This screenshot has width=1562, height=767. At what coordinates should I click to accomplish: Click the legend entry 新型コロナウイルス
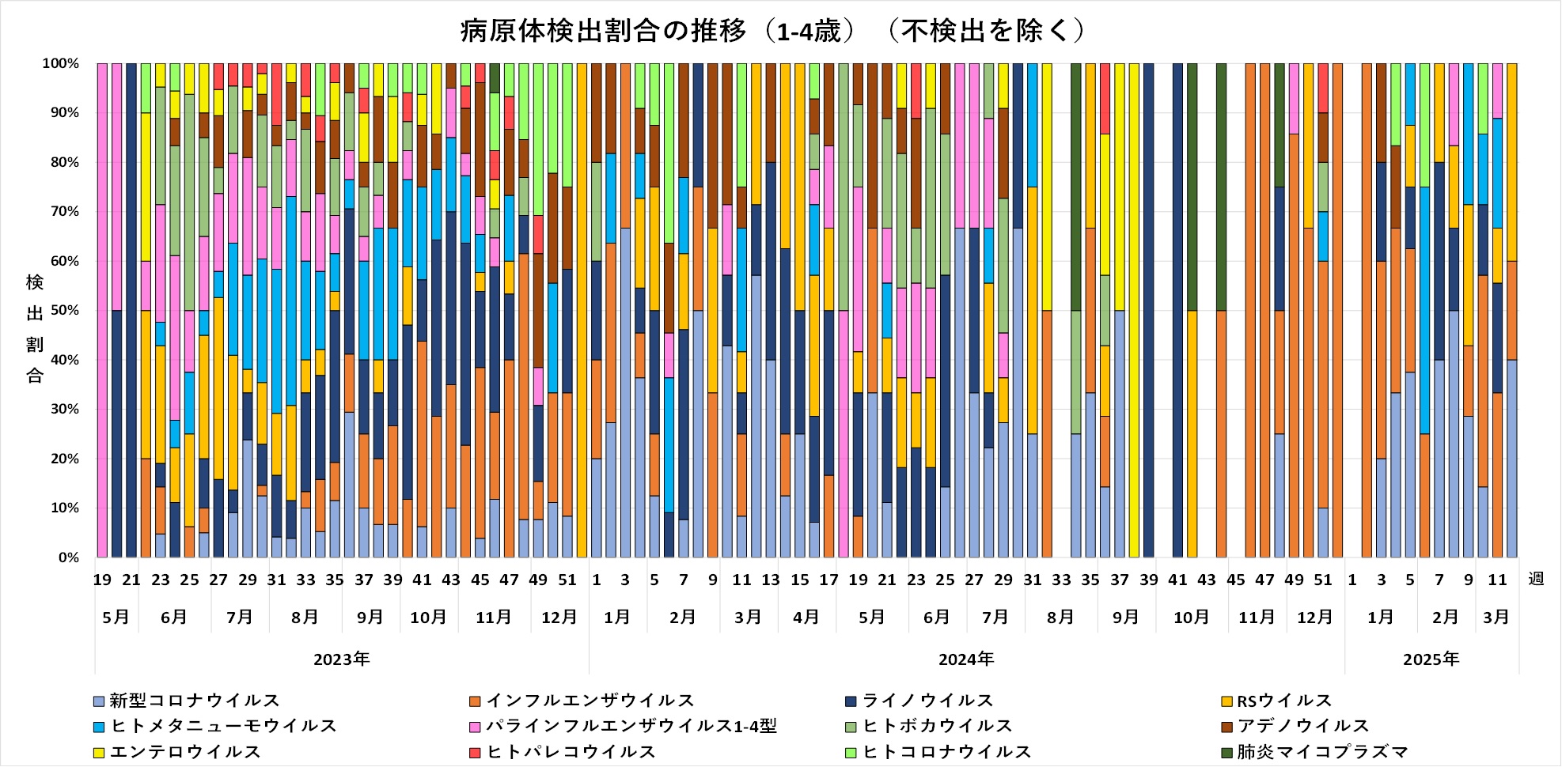click(x=194, y=701)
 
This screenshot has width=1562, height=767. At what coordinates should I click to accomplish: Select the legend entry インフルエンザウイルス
click(x=590, y=701)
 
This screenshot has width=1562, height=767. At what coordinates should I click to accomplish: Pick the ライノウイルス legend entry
click(x=927, y=701)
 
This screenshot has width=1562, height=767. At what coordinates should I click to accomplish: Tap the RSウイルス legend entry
click(x=1283, y=701)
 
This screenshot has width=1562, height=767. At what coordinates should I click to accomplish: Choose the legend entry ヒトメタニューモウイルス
click(x=223, y=726)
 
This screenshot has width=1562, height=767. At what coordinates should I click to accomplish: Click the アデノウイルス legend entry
click(x=1302, y=726)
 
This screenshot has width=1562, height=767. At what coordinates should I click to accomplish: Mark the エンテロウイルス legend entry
click(x=185, y=752)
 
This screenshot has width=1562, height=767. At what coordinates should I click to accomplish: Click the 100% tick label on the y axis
click(x=61, y=64)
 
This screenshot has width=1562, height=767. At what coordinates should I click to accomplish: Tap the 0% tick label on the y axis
click(x=69, y=558)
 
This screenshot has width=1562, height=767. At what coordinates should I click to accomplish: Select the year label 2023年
click(x=341, y=659)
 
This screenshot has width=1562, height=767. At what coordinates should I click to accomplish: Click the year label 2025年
click(x=1431, y=659)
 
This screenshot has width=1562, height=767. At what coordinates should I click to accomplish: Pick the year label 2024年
click(x=966, y=659)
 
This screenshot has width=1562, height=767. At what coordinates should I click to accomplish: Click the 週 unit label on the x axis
click(x=1537, y=580)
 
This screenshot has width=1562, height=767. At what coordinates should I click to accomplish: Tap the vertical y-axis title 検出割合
click(x=35, y=328)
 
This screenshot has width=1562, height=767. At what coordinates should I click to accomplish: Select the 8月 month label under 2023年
click(x=305, y=618)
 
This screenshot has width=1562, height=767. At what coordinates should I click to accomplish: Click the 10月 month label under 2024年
click(x=1191, y=618)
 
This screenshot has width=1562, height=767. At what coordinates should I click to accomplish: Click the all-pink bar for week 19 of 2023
click(x=102, y=311)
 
